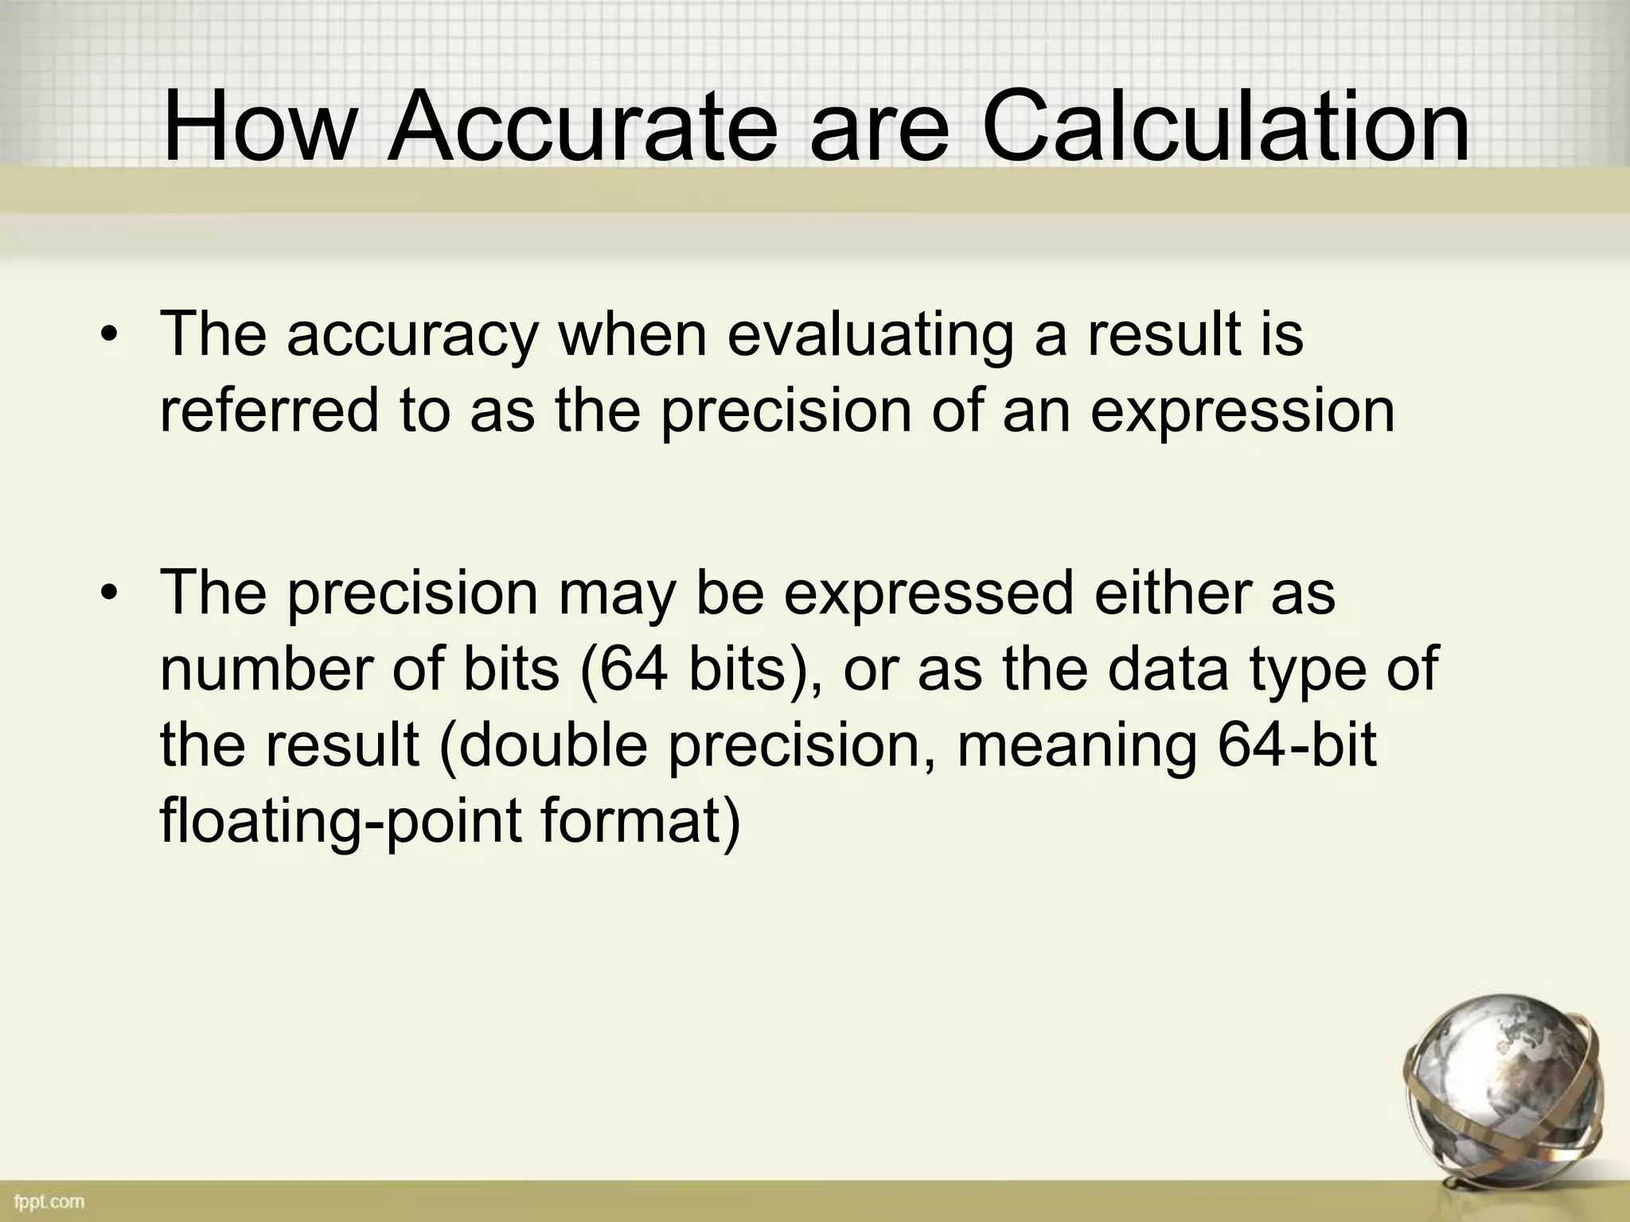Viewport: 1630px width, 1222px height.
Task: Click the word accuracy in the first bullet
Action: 412,335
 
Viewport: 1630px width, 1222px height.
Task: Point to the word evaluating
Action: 870,335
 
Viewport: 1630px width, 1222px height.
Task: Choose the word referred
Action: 269,411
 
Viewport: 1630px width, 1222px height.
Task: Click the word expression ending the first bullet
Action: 1242,411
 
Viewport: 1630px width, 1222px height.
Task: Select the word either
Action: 1172,593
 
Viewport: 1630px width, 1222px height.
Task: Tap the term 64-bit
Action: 1297,745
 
